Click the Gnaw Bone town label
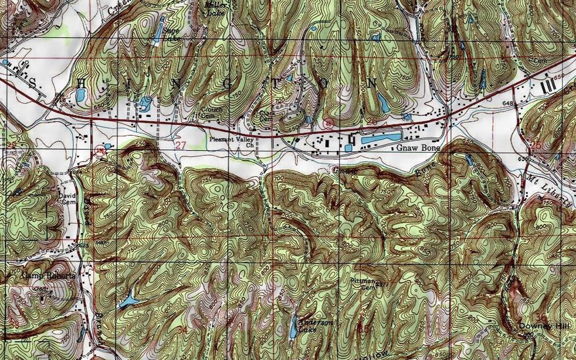418,148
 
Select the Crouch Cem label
211,112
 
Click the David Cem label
67,199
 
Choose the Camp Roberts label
49,276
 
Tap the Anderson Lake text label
316,326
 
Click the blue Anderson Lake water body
293,327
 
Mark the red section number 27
181,145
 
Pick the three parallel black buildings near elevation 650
548,86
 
